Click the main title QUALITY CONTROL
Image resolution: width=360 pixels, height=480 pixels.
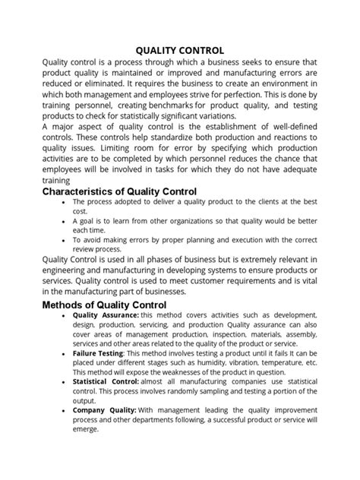click(x=179, y=50)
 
